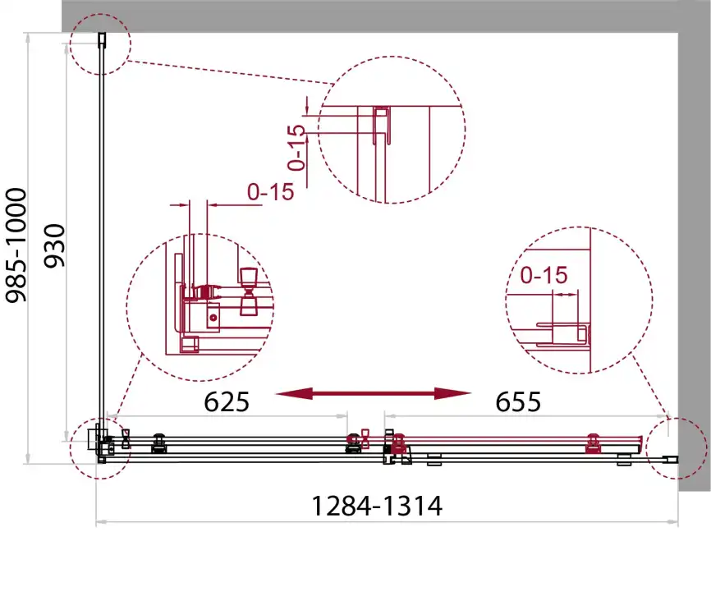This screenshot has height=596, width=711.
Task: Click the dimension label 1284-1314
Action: tap(377, 506)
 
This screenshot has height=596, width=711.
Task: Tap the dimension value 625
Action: tap(227, 401)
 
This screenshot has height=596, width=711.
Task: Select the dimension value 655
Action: tap(518, 401)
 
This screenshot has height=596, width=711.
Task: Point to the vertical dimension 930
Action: tap(55, 245)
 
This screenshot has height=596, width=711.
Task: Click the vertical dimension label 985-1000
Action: tap(16, 245)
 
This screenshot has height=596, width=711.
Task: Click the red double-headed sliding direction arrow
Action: tap(374, 393)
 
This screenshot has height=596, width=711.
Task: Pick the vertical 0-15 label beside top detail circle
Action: tap(297, 147)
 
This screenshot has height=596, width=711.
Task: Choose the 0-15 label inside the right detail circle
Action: tap(544, 275)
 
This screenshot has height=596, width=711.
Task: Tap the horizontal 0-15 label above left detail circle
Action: tap(271, 192)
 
